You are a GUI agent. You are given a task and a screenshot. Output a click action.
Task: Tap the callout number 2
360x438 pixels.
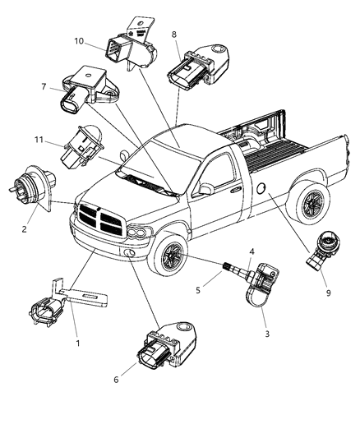(24, 229)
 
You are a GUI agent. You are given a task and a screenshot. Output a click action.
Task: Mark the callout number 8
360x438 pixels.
(174, 35)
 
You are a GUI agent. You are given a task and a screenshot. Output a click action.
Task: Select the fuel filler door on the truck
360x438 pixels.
(261, 190)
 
